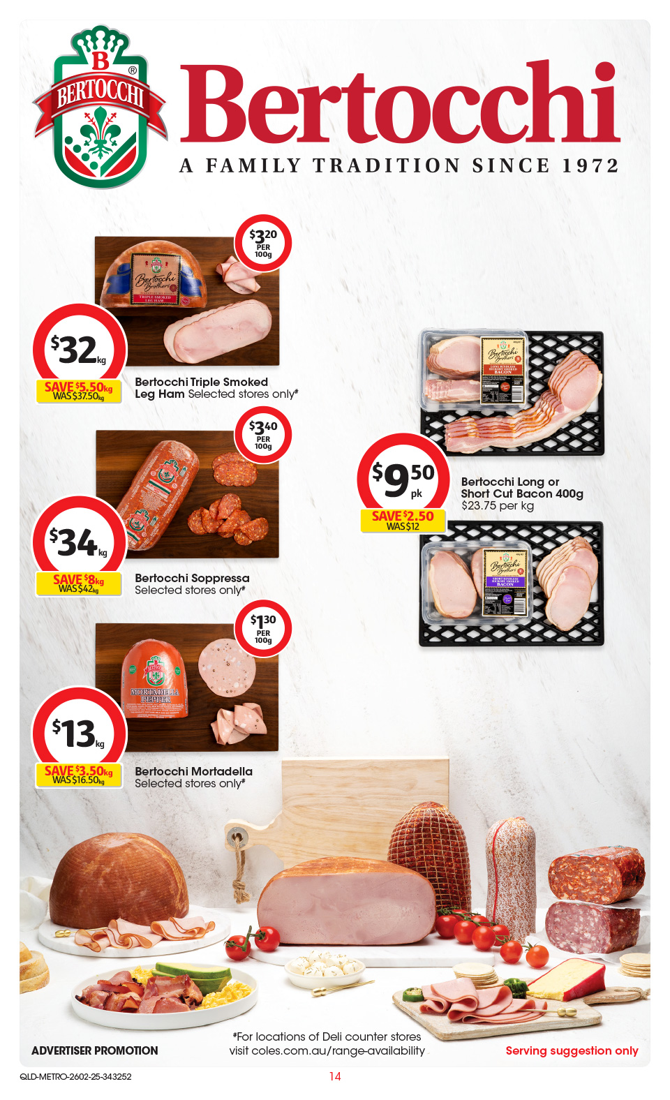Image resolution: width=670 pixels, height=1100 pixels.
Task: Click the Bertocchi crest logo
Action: tap(100, 107)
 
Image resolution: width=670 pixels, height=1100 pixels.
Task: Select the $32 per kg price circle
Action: tap(79, 349)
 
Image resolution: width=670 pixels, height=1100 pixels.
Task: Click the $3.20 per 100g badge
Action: tap(263, 243)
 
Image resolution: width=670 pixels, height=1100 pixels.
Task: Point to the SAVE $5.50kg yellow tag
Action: tap(78, 391)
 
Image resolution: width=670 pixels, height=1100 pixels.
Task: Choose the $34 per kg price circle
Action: tap(79, 542)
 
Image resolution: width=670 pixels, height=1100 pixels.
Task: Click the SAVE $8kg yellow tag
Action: tap(78, 584)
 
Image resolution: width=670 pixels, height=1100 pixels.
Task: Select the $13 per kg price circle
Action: tap(79, 733)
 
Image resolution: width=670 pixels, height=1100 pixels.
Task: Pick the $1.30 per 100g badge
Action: tap(263, 629)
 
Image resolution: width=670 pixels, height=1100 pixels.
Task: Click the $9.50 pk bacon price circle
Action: tap(403, 478)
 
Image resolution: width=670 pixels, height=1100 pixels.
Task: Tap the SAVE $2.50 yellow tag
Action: tap(403, 520)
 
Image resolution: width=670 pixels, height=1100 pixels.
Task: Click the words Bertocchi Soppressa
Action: tap(192, 578)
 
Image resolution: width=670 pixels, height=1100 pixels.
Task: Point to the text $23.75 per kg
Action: tap(497, 505)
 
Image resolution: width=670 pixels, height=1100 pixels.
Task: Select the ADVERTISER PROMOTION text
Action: tap(95, 1050)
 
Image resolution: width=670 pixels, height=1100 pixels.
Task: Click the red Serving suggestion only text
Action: tap(572, 1050)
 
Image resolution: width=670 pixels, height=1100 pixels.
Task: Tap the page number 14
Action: tap(335, 1076)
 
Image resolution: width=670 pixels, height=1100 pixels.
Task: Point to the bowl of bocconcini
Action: tap(325, 967)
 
